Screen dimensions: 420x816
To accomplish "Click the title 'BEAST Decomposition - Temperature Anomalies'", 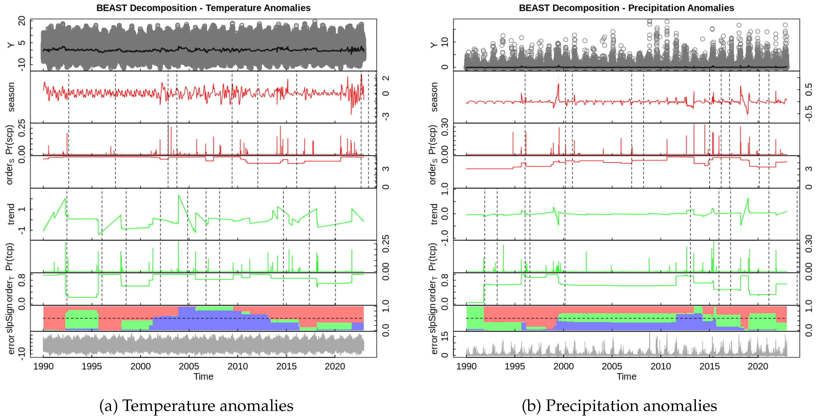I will click(x=203, y=8).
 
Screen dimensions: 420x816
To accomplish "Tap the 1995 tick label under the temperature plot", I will click(x=92, y=366).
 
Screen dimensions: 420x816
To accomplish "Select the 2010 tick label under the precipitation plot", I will click(x=661, y=366).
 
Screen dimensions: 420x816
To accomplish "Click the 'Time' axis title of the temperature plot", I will click(x=203, y=377).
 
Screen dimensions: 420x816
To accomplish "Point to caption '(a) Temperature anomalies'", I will click(x=196, y=406).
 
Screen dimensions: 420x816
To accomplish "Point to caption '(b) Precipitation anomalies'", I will click(x=619, y=406).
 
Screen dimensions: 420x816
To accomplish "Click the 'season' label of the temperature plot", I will click(x=11, y=97).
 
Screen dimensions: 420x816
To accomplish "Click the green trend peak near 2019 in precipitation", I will click(x=748, y=199).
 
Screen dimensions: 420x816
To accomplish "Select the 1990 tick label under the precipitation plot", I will click(x=466, y=366).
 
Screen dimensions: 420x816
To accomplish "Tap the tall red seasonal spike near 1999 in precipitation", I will click(x=558, y=84).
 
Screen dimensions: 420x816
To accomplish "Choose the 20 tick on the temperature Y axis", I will click(x=22, y=21).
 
